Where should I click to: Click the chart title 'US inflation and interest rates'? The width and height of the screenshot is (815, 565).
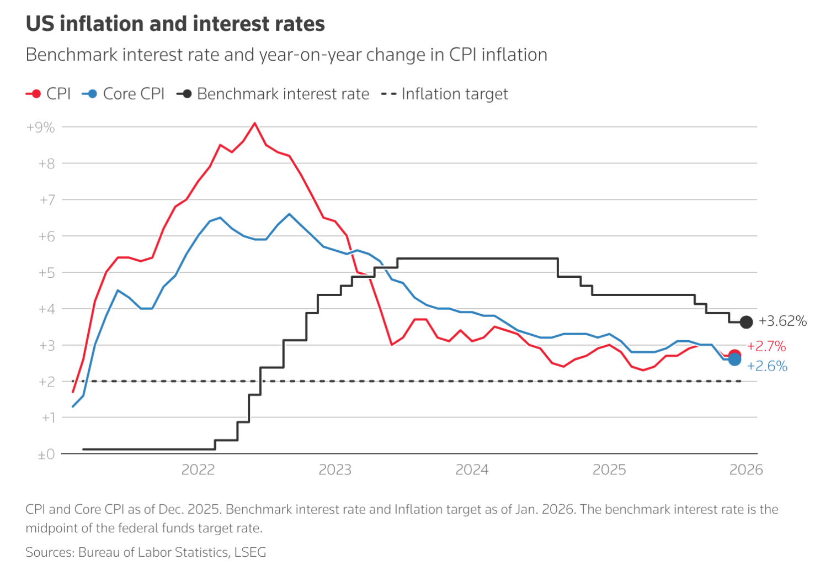coord(175,24)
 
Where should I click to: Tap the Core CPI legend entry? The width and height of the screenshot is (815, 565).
coord(124,94)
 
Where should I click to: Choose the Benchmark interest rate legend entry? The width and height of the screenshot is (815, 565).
coord(273,94)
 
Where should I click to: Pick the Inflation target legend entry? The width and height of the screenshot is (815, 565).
coord(445,94)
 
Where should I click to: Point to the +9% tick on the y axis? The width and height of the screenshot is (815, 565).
coord(41,128)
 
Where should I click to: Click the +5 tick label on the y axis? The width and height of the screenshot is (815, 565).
coord(46,273)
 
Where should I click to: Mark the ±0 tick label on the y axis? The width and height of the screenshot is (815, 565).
coord(46,455)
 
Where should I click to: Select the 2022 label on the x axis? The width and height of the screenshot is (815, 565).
coord(198,469)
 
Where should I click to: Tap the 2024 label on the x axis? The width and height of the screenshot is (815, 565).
coord(472,469)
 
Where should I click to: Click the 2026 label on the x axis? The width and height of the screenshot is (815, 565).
coord(746,469)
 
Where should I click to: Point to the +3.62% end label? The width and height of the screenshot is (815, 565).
coord(782,321)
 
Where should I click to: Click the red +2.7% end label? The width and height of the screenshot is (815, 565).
coord(766,346)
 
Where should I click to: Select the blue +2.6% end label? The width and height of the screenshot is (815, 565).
coord(767,366)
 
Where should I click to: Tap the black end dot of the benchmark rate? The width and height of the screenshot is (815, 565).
coord(746,322)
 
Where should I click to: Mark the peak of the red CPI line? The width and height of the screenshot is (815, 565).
coord(254,123)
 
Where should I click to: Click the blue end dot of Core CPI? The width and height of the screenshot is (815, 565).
coord(735,360)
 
